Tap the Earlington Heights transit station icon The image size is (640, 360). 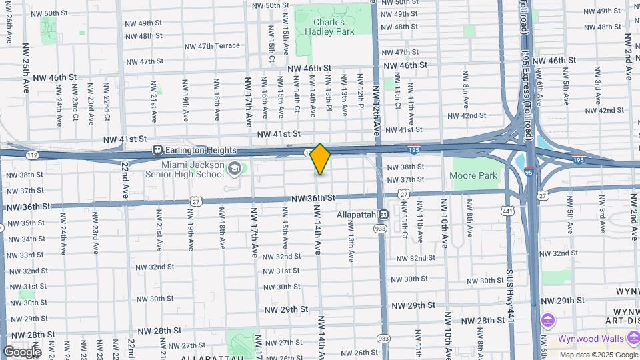158,149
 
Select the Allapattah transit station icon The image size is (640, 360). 383,215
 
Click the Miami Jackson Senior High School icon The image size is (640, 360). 233,169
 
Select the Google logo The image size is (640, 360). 22,352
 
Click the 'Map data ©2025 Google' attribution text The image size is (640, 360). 597,355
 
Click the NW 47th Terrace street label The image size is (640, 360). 209,46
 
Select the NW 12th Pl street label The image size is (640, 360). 360,91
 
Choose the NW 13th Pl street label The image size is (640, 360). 329,91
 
